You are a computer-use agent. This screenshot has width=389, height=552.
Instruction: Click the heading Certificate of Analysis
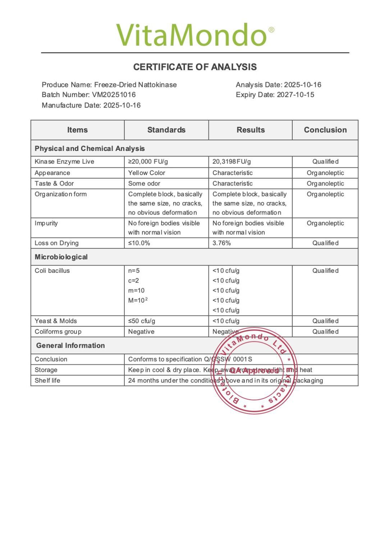[x=195, y=67]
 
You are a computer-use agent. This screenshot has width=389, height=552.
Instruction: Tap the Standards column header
[x=166, y=130]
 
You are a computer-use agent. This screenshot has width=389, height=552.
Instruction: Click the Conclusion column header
[x=325, y=130]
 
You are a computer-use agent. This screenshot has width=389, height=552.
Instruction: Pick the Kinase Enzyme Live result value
[x=232, y=162]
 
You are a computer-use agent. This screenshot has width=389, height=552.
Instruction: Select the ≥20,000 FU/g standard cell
[x=148, y=162]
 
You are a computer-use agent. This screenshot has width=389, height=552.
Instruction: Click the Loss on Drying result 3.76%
[x=221, y=243]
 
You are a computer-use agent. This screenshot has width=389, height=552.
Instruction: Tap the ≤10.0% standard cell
[x=139, y=243]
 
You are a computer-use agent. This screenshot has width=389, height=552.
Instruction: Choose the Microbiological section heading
[x=61, y=257]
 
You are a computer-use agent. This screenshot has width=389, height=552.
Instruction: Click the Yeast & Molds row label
[x=56, y=321]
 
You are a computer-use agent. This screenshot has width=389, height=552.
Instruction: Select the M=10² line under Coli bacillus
[x=138, y=300]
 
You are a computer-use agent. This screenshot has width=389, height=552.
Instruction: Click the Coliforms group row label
[x=58, y=332]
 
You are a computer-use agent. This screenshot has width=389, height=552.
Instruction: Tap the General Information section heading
[x=70, y=346]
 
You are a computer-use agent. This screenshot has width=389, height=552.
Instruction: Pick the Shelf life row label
[x=47, y=381]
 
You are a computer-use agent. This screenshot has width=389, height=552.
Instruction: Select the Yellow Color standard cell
[x=146, y=173]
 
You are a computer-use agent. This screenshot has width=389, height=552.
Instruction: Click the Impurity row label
[x=46, y=223]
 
